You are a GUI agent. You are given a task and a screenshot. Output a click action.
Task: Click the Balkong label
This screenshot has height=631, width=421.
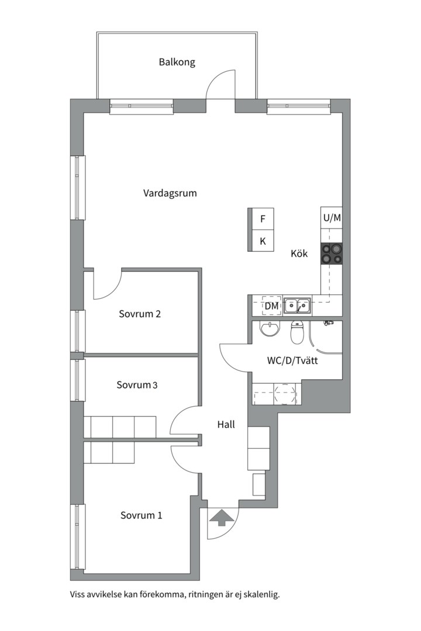(x=177, y=63)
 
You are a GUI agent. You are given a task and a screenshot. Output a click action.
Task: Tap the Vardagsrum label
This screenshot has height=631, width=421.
(x=170, y=193)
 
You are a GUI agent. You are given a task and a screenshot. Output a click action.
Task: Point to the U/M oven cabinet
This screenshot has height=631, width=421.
(x=332, y=218)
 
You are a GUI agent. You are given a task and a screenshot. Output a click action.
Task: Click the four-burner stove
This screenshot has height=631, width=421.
(x=332, y=254)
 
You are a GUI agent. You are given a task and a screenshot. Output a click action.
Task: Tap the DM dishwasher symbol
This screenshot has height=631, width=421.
(x=271, y=306)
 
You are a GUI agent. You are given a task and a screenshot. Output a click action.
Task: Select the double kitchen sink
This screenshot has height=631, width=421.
(x=297, y=306)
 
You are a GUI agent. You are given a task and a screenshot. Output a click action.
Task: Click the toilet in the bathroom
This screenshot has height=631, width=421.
(x=297, y=332)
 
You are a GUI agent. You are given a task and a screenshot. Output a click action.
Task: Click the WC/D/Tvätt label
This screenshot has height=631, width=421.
(x=292, y=360)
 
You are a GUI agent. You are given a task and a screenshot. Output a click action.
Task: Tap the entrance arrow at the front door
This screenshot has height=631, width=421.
(x=221, y=518)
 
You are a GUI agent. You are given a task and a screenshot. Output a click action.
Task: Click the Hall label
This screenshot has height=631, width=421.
(x=226, y=425)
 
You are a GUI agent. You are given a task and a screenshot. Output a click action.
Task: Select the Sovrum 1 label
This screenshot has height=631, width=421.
(x=142, y=515)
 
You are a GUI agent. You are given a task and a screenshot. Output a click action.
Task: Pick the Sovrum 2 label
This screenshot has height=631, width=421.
(x=140, y=314)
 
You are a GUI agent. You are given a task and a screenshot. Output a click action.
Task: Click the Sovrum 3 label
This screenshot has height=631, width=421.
(x=137, y=385)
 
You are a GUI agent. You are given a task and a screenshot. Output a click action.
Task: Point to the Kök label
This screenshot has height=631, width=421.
(x=299, y=254)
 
